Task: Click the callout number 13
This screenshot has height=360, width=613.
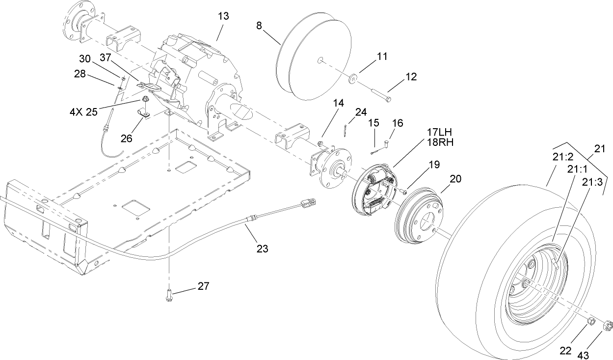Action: (x=223, y=16)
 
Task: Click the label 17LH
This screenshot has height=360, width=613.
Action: (x=439, y=132)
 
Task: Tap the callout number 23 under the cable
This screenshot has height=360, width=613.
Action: (x=262, y=249)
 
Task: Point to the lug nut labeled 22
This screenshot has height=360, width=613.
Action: (x=592, y=322)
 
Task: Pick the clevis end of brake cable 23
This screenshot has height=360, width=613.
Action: (x=308, y=201)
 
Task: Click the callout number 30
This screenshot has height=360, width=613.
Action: (x=85, y=58)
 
